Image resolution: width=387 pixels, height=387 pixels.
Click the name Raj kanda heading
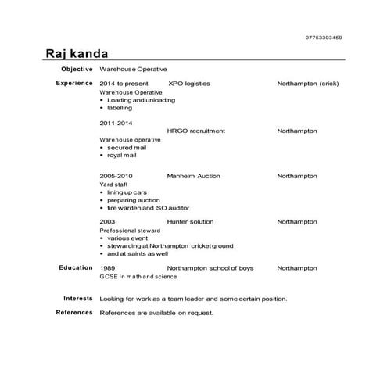77,53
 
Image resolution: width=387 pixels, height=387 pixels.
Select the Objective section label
77,70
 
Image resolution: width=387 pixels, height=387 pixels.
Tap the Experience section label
74,83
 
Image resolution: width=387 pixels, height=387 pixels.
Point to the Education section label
77,267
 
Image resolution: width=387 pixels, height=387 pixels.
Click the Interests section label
78,298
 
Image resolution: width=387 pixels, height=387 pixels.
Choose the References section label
75,313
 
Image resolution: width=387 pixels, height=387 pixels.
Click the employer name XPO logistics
188,83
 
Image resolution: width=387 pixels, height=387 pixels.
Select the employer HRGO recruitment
195,131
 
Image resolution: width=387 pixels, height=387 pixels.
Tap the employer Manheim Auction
193,177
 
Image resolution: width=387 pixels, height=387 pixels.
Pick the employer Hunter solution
190,222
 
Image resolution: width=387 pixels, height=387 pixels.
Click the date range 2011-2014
116,123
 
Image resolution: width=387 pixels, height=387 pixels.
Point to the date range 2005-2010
116,177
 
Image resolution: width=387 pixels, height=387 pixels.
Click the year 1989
107,268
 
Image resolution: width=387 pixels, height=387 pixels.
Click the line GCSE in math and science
138,276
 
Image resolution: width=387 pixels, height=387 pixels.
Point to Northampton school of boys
210,268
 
